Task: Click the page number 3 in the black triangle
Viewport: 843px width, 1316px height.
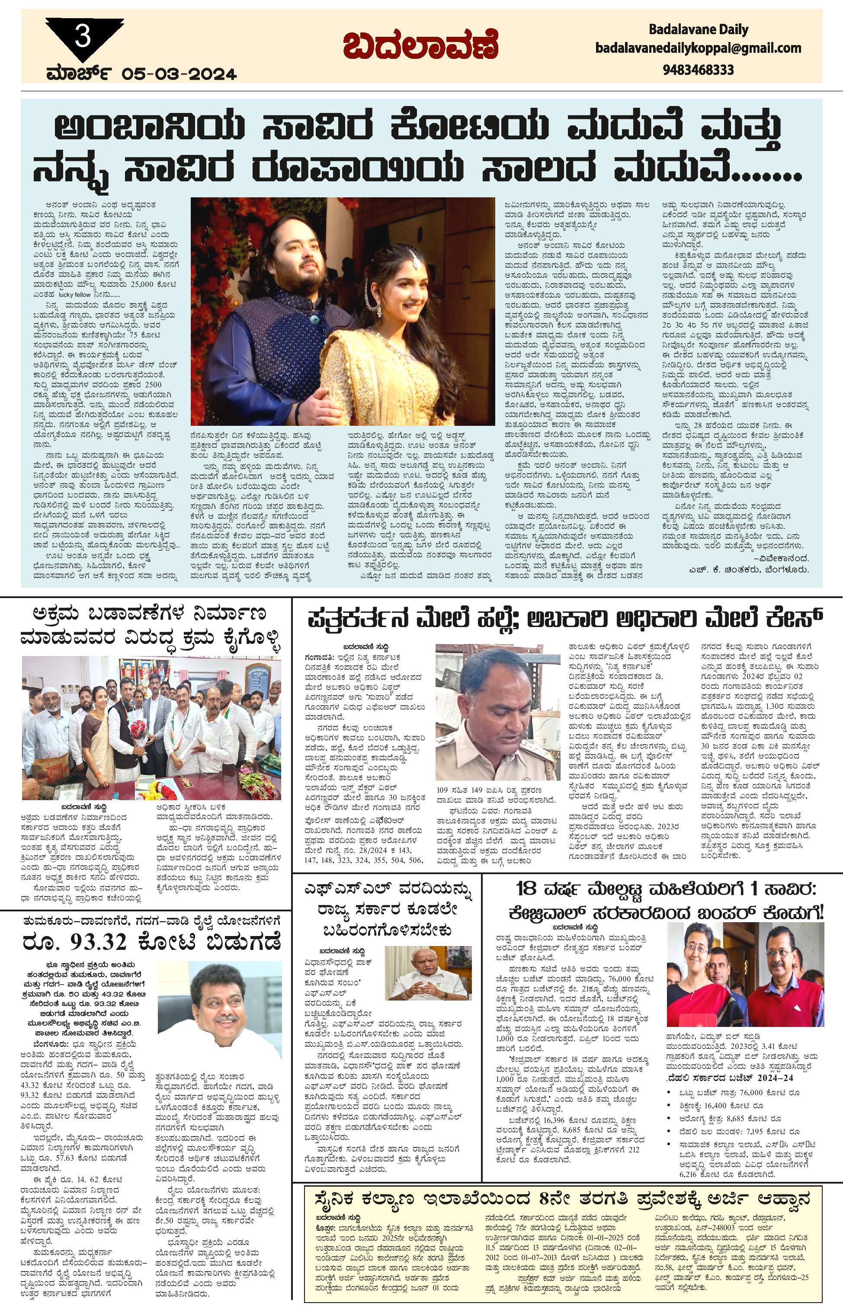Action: (x=83, y=37)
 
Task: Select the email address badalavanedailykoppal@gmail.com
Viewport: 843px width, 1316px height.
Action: (x=698, y=48)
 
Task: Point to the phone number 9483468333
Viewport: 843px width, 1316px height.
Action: (x=698, y=70)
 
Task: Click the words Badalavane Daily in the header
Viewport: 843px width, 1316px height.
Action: (x=698, y=29)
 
